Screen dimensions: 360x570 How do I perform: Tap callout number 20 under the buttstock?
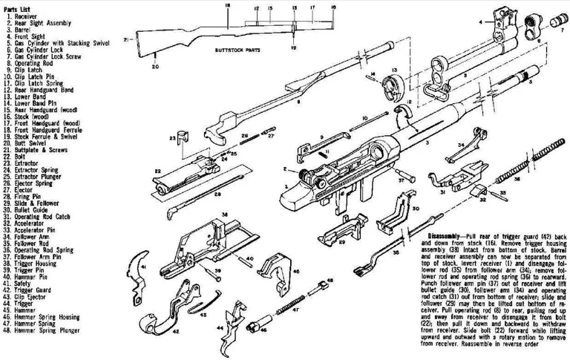[156, 68]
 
